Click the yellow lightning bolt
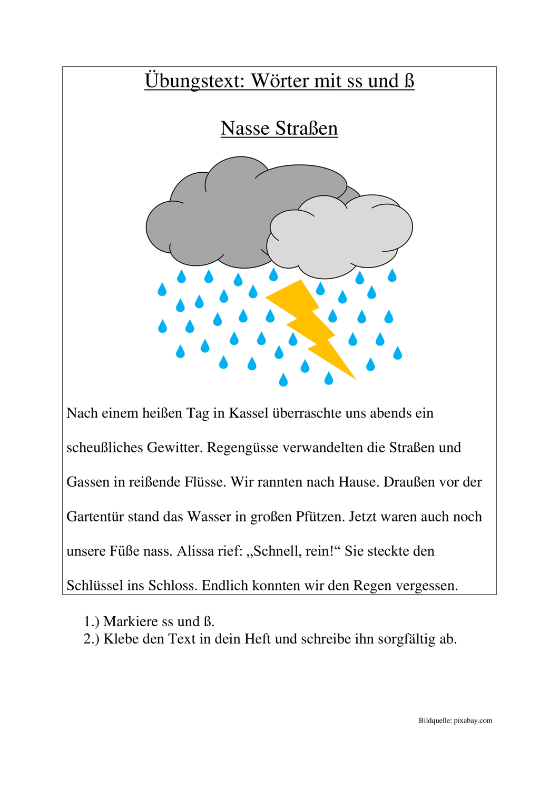pyautogui.click(x=311, y=327)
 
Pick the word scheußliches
pyautogui.click(x=105, y=448)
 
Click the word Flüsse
pyautogui.click(x=207, y=482)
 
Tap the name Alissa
pyautogui.click(x=196, y=551)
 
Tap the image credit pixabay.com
pyautogui.click(x=473, y=721)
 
